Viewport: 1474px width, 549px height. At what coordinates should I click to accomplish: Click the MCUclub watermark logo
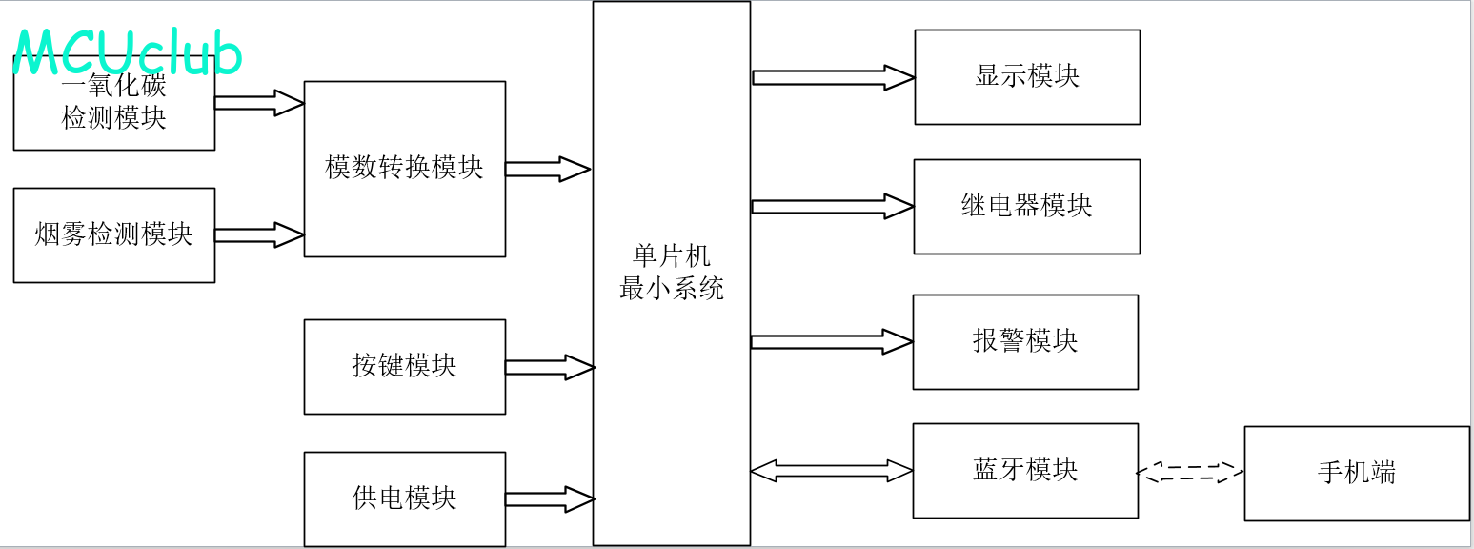pos(128,51)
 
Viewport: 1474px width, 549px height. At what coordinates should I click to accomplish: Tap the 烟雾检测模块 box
pos(113,234)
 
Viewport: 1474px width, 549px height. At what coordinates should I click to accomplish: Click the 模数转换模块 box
pos(404,169)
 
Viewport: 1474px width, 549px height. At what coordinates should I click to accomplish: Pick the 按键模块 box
pos(404,366)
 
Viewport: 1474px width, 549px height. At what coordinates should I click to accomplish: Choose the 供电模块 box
pos(404,498)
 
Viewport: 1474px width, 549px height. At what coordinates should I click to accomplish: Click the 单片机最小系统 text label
pos(671,273)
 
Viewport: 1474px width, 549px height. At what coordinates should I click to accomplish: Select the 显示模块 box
pos(1026,77)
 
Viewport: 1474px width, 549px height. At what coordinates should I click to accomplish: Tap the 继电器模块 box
pos(1026,206)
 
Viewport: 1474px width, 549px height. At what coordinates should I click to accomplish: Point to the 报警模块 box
pos(1025,341)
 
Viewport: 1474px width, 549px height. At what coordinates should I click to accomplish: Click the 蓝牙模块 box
pos(1025,470)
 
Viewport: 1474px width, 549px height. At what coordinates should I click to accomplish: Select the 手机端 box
pos(1356,473)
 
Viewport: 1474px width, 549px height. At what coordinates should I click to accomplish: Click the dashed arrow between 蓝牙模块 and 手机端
pos(1191,472)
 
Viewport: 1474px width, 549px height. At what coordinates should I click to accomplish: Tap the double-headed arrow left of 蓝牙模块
pos(832,470)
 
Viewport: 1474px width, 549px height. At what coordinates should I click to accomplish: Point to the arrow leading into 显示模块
pos(833,77)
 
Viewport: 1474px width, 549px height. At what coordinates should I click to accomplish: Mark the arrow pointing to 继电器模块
pos(833,206)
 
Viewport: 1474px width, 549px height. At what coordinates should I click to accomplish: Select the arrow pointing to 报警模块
pos(832,341)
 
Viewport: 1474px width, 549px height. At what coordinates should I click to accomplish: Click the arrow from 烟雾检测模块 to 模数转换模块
pos(259,234)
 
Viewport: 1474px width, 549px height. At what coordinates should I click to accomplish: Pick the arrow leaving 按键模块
pos(550,367)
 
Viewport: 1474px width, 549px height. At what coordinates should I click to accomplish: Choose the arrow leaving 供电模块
pos(550,498)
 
